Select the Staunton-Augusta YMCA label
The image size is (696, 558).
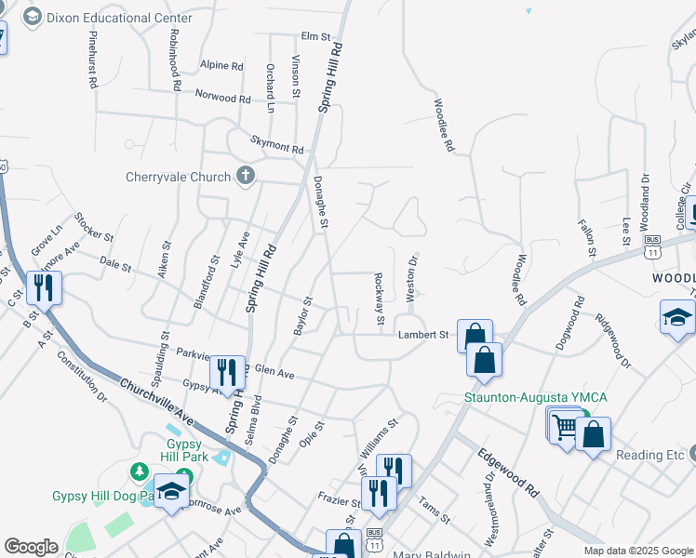[536, 398]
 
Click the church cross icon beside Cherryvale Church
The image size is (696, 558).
[246, 175]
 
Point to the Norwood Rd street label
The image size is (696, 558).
[222, 96]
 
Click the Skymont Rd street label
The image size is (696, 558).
[276, 144]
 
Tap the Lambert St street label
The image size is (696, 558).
[423, 335]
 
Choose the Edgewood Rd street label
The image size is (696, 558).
[508, 473]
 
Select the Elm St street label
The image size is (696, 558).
[316, 36]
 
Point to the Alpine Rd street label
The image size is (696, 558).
[221, 66]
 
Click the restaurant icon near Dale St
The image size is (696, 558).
[44, 287]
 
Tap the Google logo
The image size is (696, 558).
[31, 547]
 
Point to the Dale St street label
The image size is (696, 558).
[115, 266]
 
